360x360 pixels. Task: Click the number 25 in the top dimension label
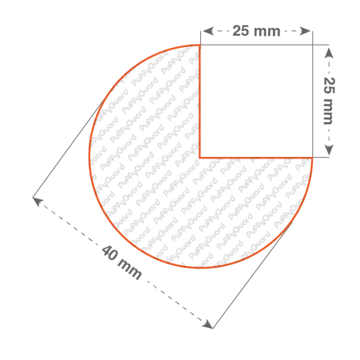click(240, 31)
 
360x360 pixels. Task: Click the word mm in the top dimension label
click(267, 32)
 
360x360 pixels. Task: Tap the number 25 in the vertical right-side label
click(329, 85)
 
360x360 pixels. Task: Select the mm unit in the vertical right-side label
click(327, 111)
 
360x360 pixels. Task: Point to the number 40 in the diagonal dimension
click(110, 253)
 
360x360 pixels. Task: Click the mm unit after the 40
click(129, 269)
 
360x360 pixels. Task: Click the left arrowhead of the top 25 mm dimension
click(208, 31)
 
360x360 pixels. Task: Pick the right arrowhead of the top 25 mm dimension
click(305, 31)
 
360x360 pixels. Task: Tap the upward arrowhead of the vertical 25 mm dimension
click(329, 53)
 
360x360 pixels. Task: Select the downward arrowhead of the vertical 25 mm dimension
click(329, 150)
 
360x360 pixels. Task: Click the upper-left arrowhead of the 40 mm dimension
click(38, 202)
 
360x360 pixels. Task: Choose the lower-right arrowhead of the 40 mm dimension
click(208, 324)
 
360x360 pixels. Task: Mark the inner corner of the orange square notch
click(200, 158)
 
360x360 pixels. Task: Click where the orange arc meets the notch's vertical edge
click(200, 45)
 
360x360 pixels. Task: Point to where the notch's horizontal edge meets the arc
click(312, 158)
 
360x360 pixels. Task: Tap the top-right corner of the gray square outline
click(312, 45)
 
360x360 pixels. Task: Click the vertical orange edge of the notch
click(200, 102)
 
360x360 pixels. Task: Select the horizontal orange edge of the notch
click(256, 158)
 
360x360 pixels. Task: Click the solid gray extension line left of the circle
click(68, 149)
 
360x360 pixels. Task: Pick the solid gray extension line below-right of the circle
click(252, 275)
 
